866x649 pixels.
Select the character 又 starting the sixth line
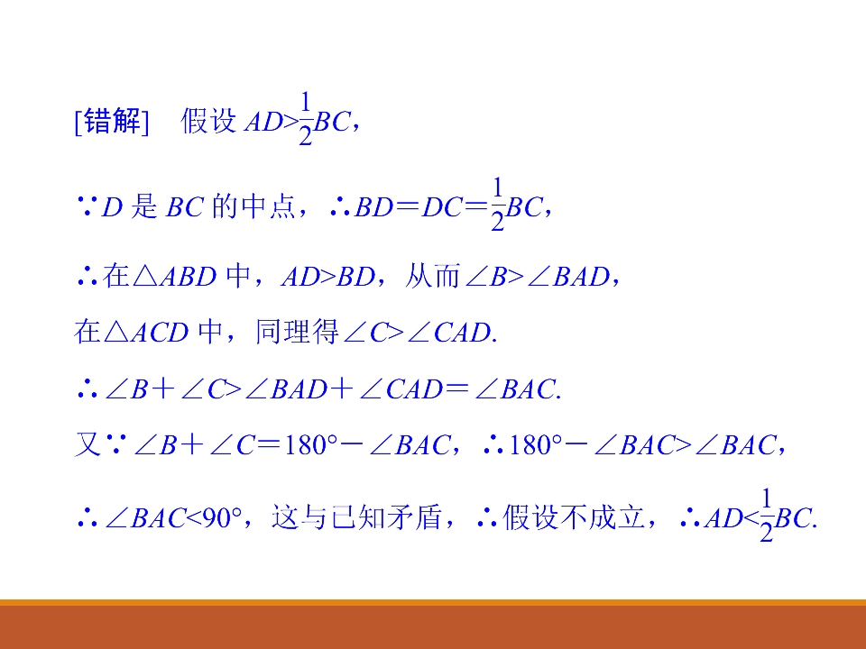click(86, 444)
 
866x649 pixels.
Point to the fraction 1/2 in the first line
click(305, 120)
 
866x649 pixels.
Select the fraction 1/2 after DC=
click(497, 206)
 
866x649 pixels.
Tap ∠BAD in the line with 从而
click(571, 277)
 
